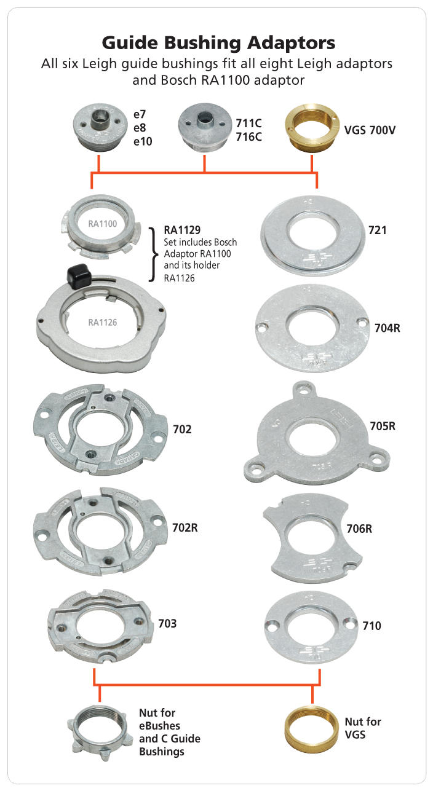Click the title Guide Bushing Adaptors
[218, 43]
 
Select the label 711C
[249, 124]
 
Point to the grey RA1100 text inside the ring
[103, 224]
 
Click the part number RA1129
[182, 230]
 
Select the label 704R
[387, 328]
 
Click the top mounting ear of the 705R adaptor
[303, 390]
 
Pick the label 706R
[359, 529]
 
